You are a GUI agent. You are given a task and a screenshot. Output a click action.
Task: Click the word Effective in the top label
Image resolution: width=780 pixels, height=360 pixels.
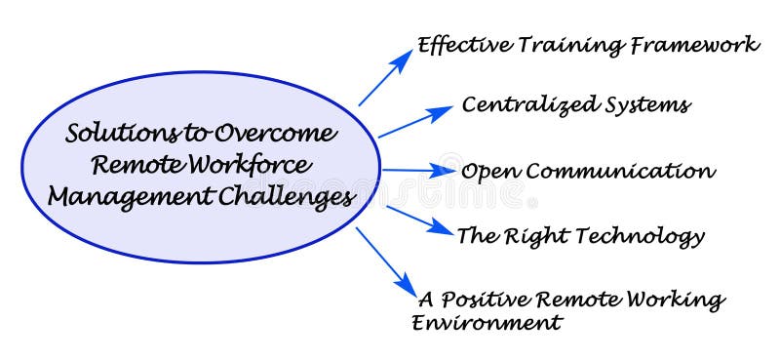(457, 45)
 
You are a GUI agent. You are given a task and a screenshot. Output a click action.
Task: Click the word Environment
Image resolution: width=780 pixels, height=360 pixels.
(487, 323)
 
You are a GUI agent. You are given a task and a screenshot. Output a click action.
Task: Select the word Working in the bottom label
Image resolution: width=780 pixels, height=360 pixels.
(679, 300)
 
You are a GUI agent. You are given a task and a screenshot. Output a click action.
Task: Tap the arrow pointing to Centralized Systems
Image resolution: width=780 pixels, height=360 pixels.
(413, 122)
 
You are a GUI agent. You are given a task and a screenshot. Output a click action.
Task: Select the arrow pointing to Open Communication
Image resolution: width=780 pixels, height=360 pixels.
(417, 170)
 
